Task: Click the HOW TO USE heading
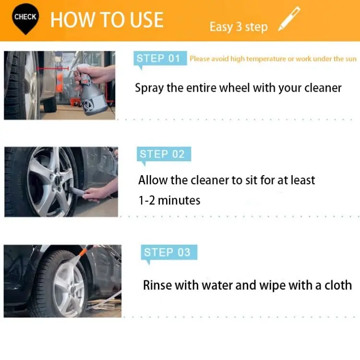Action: pos(107,20)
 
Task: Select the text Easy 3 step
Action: pos(238,27)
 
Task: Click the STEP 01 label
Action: pos(158,59)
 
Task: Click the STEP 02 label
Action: pos(162,154)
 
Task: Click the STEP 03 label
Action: pos(167,252)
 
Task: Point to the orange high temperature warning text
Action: pos(273,59)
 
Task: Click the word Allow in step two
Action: pos(153,180)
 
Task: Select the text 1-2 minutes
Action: pos(169,200)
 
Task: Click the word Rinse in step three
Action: pos(157,285)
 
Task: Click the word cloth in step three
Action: pos(338,285)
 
